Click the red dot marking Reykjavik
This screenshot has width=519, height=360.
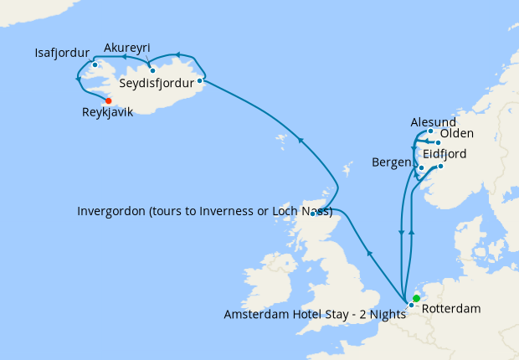click(x=109, y=100)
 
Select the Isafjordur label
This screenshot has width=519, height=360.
click(x=62, y=53)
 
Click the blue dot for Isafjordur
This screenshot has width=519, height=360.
click(x=95, y=64)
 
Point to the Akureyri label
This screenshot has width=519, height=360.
click(x=127, y=48)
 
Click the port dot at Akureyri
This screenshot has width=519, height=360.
click(x=152, y=70)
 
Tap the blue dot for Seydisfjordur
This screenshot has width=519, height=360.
click(x=200, y=81)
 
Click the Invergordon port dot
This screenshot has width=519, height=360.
click(x=313, y=213)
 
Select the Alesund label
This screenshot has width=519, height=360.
click(x=434, y=122)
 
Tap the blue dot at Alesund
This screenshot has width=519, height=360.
click(x=430, y=131)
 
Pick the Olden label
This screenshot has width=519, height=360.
click(x=457, y=134)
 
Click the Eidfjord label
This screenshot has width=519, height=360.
click(x=444, y=155)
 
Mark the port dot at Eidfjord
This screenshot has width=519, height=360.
click(x=440, y=166)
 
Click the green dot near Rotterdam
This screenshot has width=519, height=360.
click(x=416, y=298)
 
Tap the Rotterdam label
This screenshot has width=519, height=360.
click(x=451, y=309)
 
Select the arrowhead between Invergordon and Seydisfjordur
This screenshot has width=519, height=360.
click(x=301, y=140)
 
